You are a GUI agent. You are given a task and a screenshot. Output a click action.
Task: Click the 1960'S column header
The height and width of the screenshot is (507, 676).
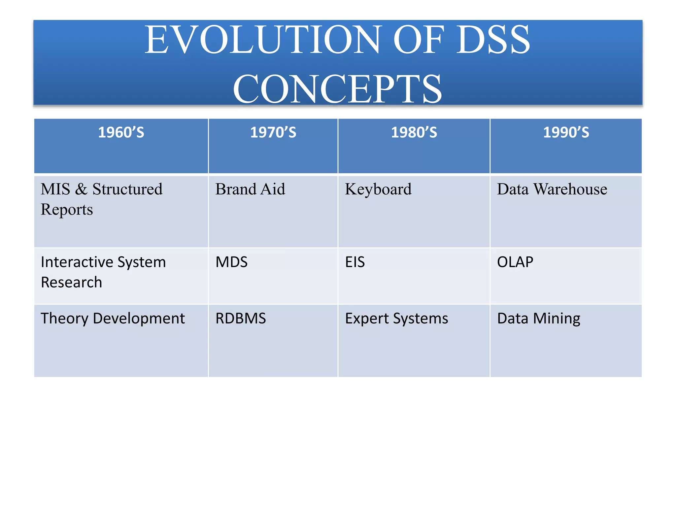(x=121, y=133)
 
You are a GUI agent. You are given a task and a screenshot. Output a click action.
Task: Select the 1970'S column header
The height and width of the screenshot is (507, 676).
(x=273, y=133)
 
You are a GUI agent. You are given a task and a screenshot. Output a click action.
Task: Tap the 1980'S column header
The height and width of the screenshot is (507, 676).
(x=414, y=133)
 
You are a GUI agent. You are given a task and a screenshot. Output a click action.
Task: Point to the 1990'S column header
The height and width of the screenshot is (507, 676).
(x=566, y=133)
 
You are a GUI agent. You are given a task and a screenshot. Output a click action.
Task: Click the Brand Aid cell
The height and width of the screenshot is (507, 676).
(x=250, y=189)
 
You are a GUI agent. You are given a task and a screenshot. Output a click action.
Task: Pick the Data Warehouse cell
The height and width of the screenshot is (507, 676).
(x=552, y=189)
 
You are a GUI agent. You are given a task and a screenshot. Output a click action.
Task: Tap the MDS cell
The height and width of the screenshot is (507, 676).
(x=231, y=262)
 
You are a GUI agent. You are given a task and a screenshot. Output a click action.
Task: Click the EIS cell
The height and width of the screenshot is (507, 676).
(x=355, y=262)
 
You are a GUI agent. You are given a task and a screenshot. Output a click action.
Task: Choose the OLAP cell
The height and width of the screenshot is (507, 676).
(x=515, y=262)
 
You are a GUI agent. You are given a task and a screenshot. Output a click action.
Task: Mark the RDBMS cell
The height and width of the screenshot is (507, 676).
(x=241, y=319)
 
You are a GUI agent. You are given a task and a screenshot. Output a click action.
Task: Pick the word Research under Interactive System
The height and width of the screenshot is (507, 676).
(x=71, y=283)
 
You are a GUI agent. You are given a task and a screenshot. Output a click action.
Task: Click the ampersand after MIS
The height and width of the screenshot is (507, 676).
(x=81, y=189)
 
